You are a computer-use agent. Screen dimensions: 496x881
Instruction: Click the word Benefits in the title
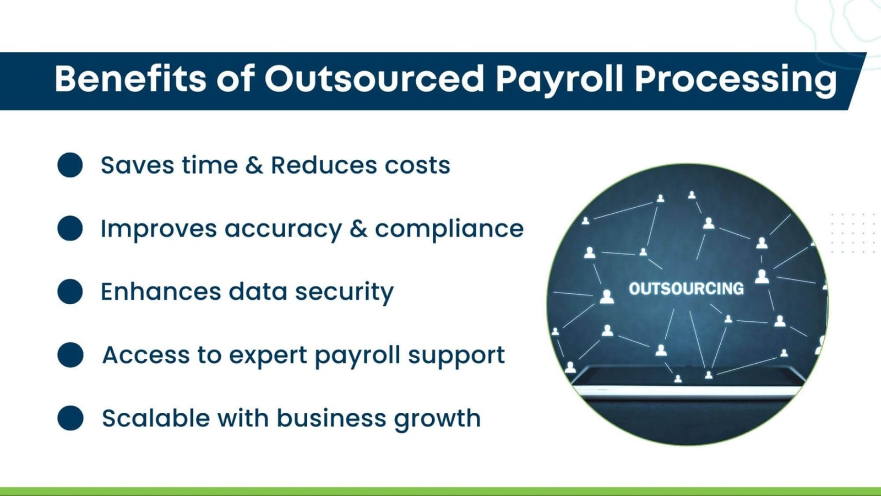point(130,79)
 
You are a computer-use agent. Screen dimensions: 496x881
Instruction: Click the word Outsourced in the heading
point(374,79)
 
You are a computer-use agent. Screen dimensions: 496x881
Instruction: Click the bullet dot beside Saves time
point(70,165)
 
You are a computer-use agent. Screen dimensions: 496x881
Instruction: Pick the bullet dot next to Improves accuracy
point(70,228)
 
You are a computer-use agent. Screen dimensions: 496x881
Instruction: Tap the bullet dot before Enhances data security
point(70,292)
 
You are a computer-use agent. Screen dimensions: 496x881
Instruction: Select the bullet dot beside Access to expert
point(70,355)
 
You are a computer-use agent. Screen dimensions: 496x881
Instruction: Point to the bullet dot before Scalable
point(70,418)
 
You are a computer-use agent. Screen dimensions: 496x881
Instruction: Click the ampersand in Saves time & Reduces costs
point(254,165)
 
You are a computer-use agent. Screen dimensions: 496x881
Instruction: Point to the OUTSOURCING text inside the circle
point(686,289)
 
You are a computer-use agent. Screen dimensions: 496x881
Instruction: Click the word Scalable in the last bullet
point(156,418)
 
